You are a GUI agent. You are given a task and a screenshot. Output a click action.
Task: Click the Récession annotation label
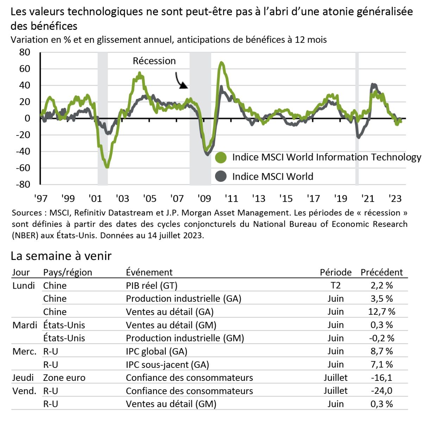coord(154,61)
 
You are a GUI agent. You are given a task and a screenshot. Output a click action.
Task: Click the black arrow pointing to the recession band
coord(182,81)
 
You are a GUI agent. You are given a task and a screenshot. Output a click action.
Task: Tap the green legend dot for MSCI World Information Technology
coord(221,158)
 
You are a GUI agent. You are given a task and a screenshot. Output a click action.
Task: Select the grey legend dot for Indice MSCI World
coord(221,176)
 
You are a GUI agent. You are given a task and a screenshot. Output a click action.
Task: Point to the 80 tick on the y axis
coord(25,52)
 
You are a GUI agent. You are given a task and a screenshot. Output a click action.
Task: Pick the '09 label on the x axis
coord(204,199)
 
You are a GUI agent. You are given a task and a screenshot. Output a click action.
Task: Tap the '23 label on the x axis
coord(395,199)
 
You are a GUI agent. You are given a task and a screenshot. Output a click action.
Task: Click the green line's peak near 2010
coord(221,63)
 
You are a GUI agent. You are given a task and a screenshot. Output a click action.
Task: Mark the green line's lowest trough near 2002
coord(107,167)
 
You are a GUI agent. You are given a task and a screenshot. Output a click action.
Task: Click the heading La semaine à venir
coord(61,256)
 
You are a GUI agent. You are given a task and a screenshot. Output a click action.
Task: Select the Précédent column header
coord(382,272)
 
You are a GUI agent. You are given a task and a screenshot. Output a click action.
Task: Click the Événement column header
coord(149,272)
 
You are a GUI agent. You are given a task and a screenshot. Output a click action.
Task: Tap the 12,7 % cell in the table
coord(382,312)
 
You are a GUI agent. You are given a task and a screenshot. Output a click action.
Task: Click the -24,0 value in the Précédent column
coord(382,391)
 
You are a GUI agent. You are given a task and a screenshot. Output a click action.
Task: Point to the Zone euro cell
coord(64,378)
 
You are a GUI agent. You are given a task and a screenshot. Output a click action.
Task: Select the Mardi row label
coord(25,325)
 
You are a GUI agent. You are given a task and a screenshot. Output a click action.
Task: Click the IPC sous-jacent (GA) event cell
coord(167,365)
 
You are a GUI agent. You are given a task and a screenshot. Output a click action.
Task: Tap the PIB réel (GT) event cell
coord(151,286)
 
